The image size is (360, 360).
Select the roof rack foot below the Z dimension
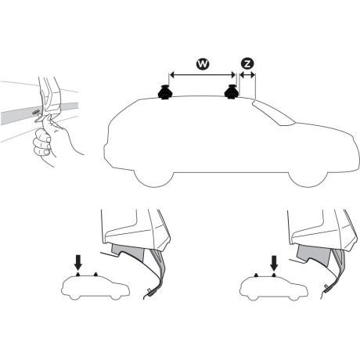click(232, 93)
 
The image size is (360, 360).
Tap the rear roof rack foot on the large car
click(166, 93)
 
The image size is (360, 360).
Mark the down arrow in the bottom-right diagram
click(275, 261)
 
